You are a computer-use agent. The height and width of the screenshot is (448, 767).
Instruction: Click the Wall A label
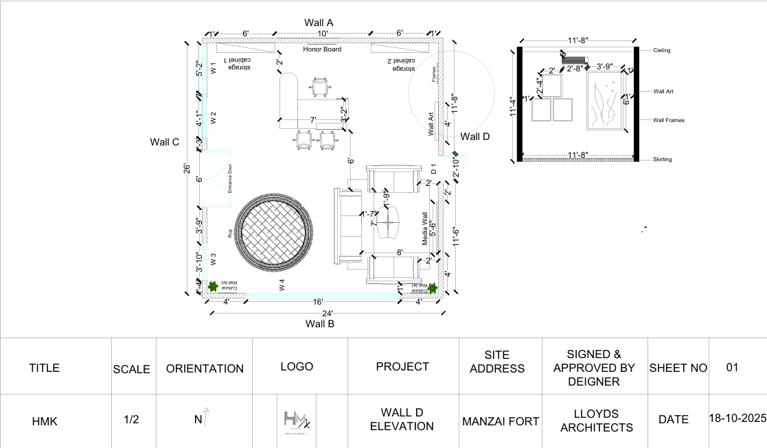[x=319, y=23]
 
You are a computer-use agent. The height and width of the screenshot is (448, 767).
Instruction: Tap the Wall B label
[x=319, y=323]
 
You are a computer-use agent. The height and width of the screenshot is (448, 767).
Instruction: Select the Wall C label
[x=165, y=142]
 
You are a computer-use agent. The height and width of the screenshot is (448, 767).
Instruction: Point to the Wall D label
[x=475, y=137]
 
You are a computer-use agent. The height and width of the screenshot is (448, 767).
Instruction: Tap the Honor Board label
[x=322, y=49]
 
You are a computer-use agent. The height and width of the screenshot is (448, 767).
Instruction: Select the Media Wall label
[x=425, y=228]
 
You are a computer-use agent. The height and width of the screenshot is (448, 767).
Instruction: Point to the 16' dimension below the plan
[x=318, y=302]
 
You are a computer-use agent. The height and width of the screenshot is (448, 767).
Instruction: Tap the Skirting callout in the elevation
[x=662, y=160]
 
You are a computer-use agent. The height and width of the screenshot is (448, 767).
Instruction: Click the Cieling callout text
[x=662, y=51]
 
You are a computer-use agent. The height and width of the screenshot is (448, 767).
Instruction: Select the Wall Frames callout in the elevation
[x=668, y=120]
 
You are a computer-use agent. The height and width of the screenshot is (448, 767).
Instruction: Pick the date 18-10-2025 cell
[x=737, y=418]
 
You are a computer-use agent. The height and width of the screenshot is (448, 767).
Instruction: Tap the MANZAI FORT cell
[x=501, y=421]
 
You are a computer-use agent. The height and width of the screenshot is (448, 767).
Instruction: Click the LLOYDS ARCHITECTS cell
[x=596, y=421]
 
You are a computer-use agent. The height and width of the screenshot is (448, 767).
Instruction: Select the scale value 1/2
[x=131, y=420]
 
